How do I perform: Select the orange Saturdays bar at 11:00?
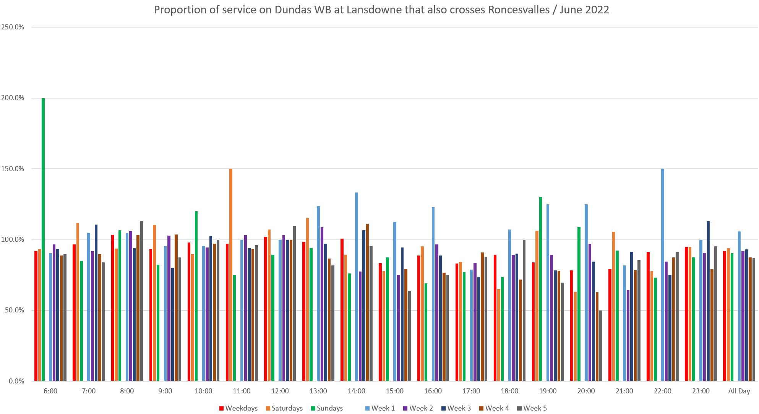click(231, 275)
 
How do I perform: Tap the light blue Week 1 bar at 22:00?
click(663, 275)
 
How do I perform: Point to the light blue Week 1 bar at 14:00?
click(357, 286)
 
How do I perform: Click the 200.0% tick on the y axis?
click(13, 98)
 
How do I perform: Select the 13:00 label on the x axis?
click(318, 391)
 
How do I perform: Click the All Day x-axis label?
click(739, 391)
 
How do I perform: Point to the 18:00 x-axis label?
click(509, 391)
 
